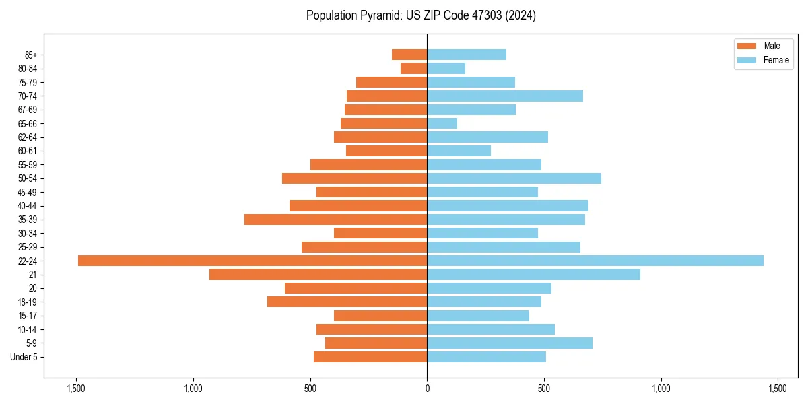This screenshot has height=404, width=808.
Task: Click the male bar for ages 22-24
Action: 252,261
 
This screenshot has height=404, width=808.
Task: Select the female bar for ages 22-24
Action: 595,261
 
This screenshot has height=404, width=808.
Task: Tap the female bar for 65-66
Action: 442,123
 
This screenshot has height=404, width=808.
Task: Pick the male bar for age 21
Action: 318,275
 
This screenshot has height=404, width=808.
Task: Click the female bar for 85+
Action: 467,55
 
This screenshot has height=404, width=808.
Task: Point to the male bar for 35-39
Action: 335,220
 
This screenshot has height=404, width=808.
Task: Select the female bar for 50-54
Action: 514,178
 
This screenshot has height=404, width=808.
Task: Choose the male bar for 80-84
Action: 413,69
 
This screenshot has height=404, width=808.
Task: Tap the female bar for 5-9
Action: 510,343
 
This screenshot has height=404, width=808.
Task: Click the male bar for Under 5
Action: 370,357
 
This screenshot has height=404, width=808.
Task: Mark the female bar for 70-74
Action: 505,96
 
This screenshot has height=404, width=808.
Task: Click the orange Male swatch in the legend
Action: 747,46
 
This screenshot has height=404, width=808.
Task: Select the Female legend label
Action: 776,60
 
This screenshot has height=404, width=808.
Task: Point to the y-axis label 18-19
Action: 28,302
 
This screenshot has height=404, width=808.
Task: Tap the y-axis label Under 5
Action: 24,357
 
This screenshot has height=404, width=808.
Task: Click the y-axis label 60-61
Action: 28,151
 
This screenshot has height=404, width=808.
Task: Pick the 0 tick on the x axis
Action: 427,389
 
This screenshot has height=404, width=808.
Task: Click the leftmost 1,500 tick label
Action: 75,389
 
